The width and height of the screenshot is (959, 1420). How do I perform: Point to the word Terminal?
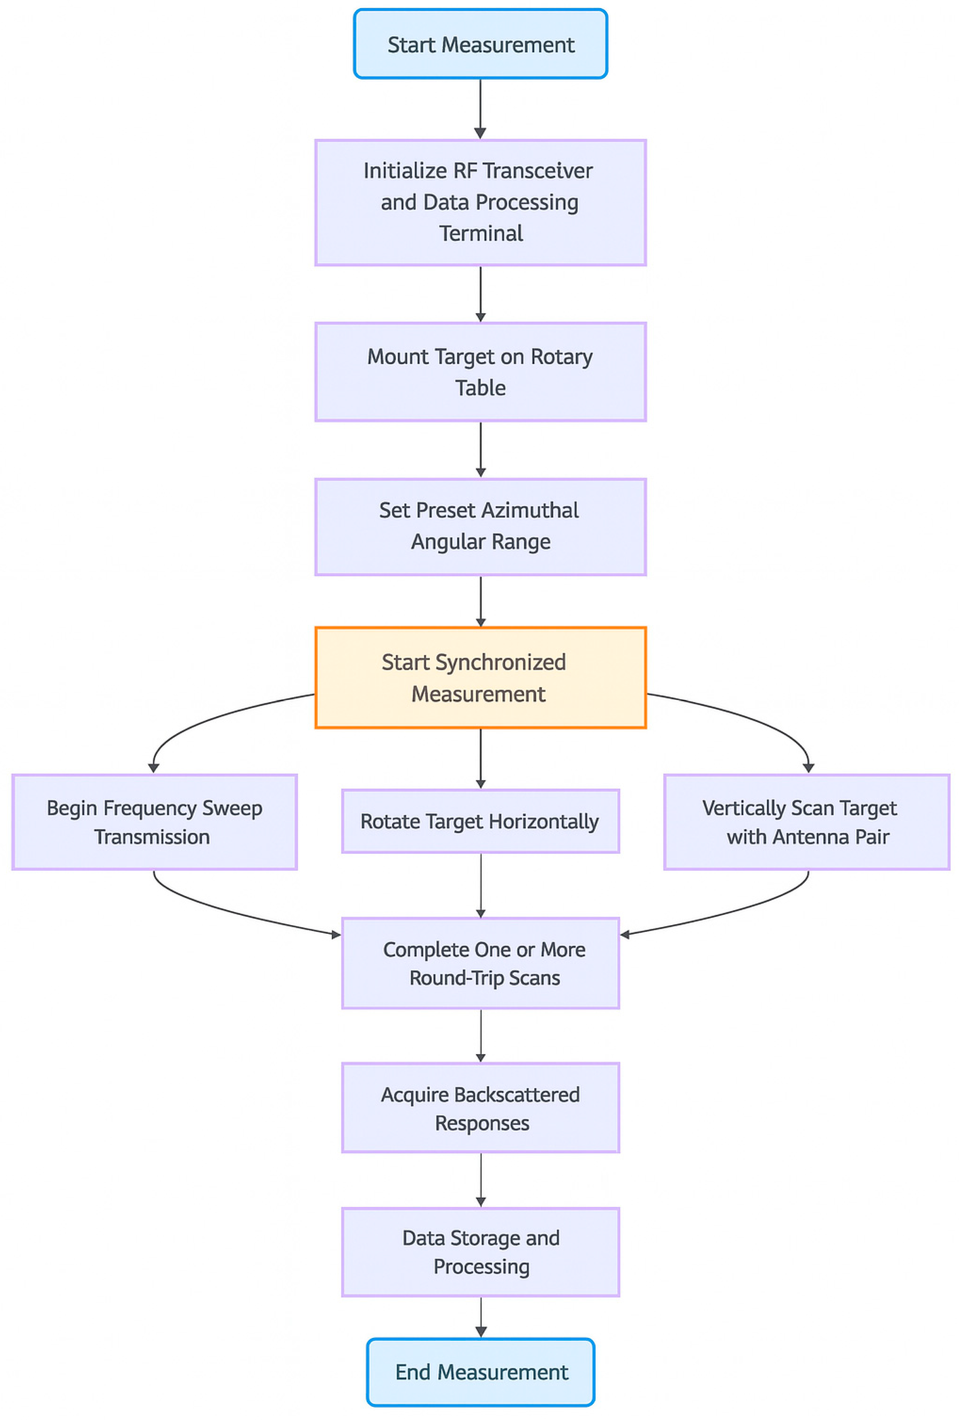481,233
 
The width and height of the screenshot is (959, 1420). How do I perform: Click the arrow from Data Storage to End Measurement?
480,1317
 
